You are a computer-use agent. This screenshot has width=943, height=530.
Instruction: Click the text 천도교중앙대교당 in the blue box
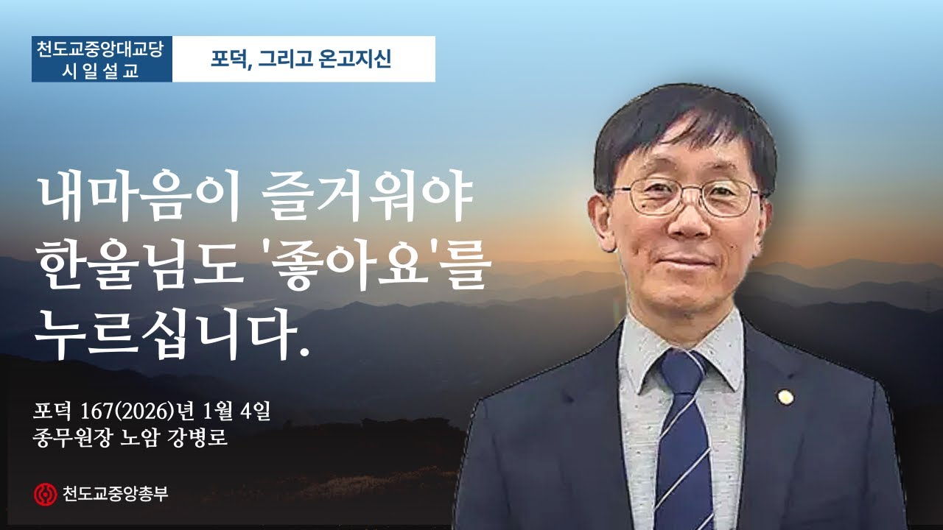pyautogui.click(x=102, y=49)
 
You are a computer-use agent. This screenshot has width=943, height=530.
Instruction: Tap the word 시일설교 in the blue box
pyautogui.click(x=102, y=71)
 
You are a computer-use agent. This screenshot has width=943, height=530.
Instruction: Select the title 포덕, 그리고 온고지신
pyautogui.click(x=303, y=59)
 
